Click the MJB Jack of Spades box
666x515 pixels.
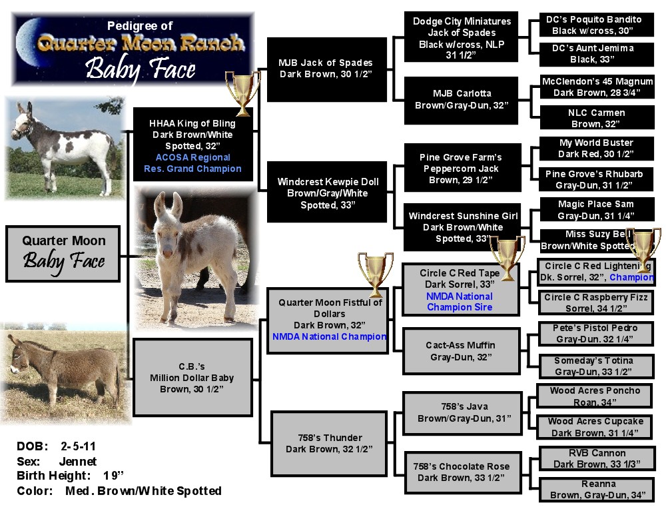pyautogui.click(x=326, y=69)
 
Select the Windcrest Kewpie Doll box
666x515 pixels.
pyautogui.click(x=326, y=193)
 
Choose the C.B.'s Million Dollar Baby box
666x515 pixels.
pyautogui.click(x=192, y=377)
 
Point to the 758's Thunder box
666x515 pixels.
pyautogui.click(x=329, y=443)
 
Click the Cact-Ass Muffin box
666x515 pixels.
pyautogui.click(x=461, y=351)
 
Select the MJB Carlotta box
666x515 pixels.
pyautogui.click(x=462, y=99)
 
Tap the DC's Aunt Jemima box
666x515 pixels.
pyautogui.click(x=592, y=53)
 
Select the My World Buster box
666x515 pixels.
pyautogui.click(x=595, y=148)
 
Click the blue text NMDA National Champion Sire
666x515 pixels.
pyautogui.click(x=460, y=302)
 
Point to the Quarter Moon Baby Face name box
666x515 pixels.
pyautogui.click(x=63, y=253)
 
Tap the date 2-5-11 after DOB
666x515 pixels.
pyautogui.click(x=79, y=446)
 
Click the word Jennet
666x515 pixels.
pyautogui.click(x=79, y=461)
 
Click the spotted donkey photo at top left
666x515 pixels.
pyautogui.click(x=65, y=147)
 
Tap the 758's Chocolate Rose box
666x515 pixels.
pyautogui.click(x=461, y=472)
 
